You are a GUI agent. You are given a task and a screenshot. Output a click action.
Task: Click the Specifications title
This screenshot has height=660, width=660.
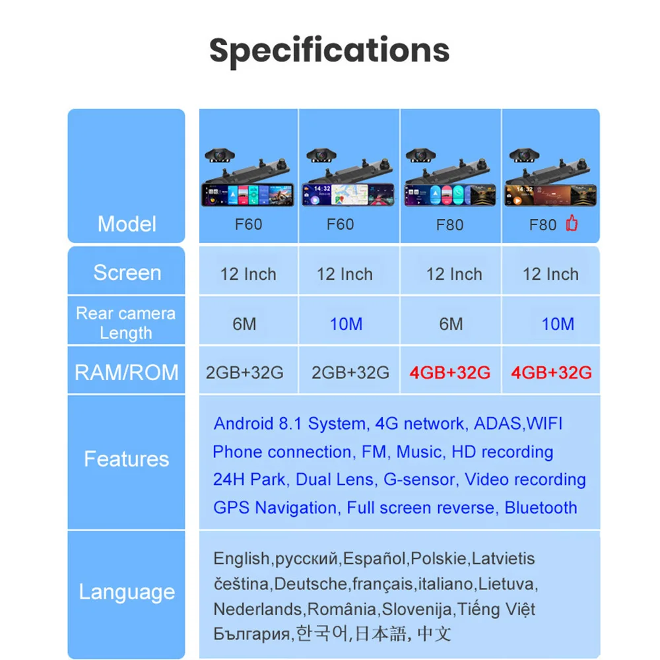(329, 50)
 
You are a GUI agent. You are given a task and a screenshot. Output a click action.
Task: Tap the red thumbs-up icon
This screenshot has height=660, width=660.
(572, 224)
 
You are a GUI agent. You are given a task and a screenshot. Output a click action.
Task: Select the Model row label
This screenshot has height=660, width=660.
(127, 224)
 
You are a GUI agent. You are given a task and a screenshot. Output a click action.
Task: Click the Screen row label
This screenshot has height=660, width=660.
(127, 273)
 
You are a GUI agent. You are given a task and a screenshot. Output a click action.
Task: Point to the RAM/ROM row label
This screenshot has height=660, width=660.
(127, 372)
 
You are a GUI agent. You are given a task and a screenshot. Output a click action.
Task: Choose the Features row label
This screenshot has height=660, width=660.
(127, 459)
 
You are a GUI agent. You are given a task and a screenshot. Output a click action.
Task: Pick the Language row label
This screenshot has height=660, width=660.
(127, 592)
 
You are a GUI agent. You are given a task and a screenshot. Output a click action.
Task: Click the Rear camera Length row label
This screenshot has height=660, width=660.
(126, 323)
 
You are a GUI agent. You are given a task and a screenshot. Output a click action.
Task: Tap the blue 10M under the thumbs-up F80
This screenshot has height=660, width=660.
(558, 324)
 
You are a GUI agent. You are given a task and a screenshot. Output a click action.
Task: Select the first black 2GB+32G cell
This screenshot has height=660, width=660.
(245, 372)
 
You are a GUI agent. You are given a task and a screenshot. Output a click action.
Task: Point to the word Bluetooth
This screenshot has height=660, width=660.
(541, 508)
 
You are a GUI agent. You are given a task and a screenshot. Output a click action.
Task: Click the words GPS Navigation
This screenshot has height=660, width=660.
(275, 508)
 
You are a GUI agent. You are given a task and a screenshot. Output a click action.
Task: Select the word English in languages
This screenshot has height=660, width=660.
(241, 559)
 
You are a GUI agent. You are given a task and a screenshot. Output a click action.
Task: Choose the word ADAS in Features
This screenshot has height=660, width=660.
(498, 424)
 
